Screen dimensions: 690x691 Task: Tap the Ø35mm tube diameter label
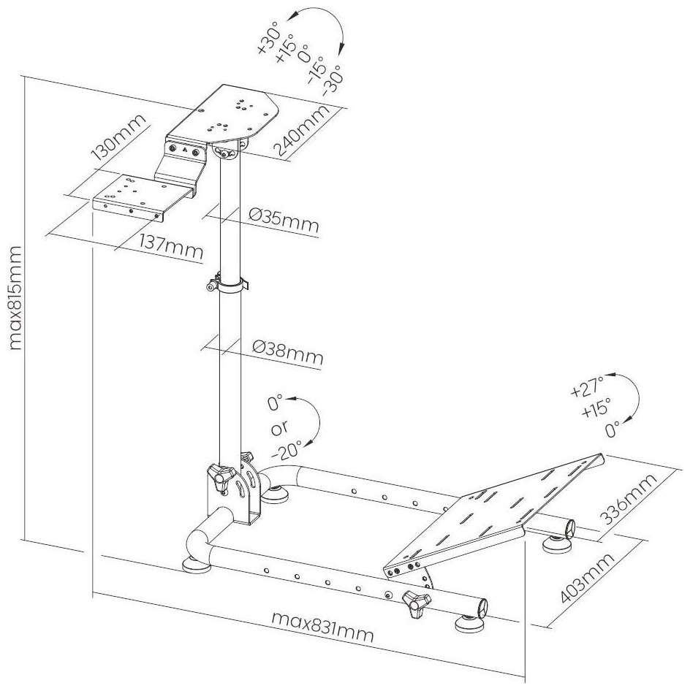coord(284,221)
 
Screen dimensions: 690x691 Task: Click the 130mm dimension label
coord(118,137)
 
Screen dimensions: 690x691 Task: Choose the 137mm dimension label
coord(172,247)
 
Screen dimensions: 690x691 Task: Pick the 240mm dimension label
coord(302,131)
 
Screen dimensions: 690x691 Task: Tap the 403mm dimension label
coord(587,577)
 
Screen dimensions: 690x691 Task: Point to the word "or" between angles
coord(279,427)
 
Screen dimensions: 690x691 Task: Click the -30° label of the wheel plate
coord(332,80)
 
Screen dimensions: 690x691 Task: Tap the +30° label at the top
coord(268,41)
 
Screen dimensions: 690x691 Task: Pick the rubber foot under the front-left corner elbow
coord(197,565)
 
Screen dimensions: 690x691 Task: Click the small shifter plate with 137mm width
coord(143,197)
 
